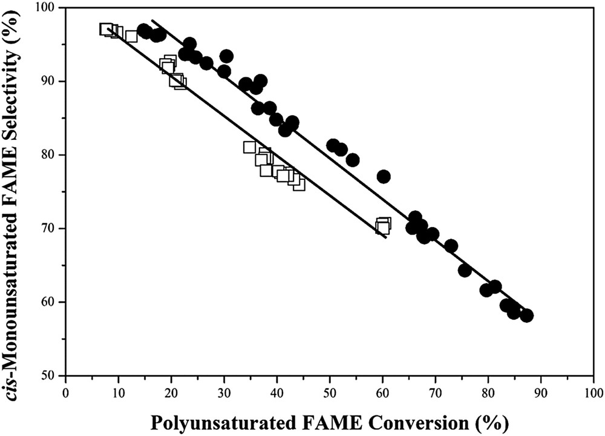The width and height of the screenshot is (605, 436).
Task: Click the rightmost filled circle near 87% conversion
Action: point(526,315)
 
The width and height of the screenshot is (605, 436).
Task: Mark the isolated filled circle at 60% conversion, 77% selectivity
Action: point(383,176)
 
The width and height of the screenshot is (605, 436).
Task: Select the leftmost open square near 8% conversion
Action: point(106,29)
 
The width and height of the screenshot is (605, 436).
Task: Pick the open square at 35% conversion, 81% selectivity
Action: point(249,147)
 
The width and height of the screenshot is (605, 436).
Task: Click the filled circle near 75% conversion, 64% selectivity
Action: point(465,270)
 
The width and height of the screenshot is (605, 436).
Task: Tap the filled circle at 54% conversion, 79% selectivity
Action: point(353,160)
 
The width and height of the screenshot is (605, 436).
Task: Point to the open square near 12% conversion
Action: point(131,36)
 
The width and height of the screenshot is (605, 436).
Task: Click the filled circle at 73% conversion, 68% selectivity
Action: point(451,245)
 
